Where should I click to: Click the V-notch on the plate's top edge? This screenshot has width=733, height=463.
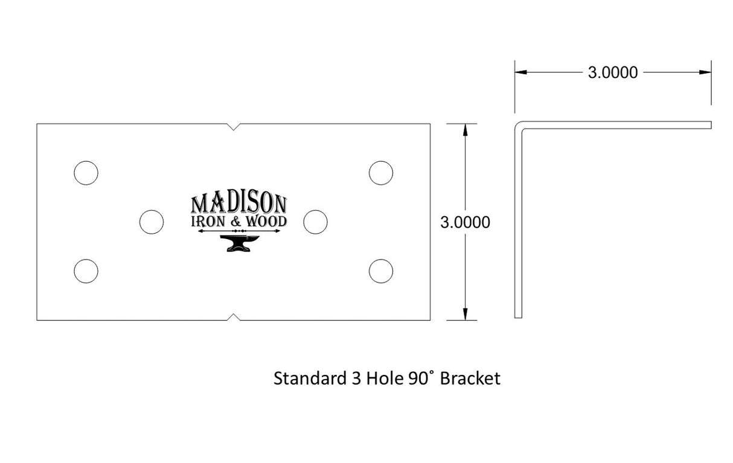(233, 127)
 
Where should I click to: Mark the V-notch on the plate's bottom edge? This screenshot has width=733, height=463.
(233, 317)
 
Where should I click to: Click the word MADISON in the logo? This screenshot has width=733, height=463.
(239, 203)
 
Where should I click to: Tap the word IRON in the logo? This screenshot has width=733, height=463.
(208, 222)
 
